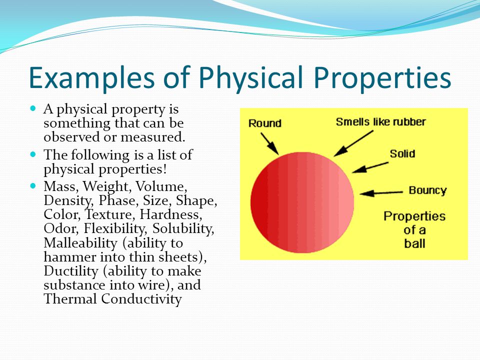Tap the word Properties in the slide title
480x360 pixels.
point(382,78)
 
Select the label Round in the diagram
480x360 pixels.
point(265,123)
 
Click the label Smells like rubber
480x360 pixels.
point(381,122)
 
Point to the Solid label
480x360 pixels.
point(402,153)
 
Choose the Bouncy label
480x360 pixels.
point(427,190)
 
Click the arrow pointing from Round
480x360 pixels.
point(269,143)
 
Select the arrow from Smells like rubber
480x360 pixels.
point(353,143)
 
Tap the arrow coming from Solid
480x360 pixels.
point(370,167)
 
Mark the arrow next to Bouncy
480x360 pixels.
point(381,193)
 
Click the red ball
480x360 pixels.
point(302,202)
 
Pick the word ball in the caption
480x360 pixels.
point(414,243)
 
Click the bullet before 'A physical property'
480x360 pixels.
point(33,108)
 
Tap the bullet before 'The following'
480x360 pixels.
point(33,154)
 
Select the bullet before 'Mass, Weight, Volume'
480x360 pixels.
point(33,185)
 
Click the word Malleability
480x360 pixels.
point(80,243)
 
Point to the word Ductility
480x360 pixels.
point(71,271)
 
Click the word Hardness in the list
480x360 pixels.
point(171,214)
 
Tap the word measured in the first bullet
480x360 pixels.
point(153,137)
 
